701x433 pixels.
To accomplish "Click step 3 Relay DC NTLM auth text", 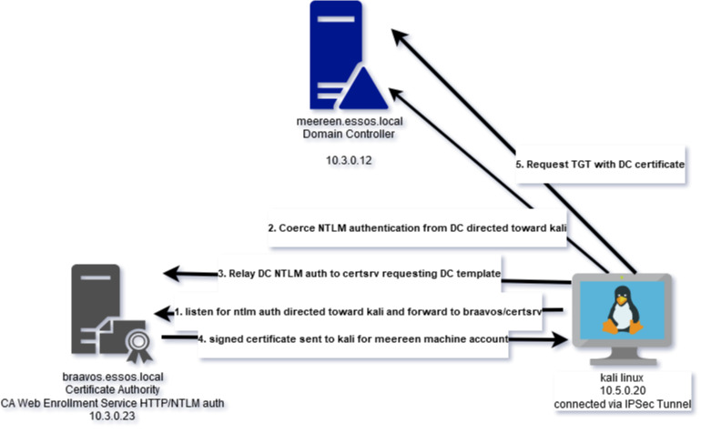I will tap(360, 273).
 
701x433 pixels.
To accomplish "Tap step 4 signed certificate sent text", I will tap(353, 339).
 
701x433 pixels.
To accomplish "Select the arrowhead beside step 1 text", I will tap(163, 313).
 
